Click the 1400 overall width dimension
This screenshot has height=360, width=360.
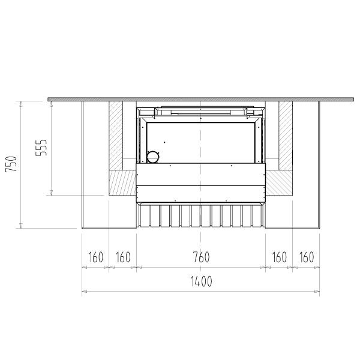point(202,281)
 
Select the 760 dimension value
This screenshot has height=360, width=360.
point(201,257)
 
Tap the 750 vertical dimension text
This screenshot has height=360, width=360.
point(11,164)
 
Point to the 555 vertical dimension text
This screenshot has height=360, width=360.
point(41,148)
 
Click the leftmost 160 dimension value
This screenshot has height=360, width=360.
point(96,257)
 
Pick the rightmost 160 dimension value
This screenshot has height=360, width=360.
point(307,257)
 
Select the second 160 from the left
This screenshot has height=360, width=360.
point(123,257)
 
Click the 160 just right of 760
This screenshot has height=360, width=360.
point(279,257)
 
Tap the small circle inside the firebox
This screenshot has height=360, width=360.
point(153,157)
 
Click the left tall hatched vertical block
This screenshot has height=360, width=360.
point(116,136)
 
